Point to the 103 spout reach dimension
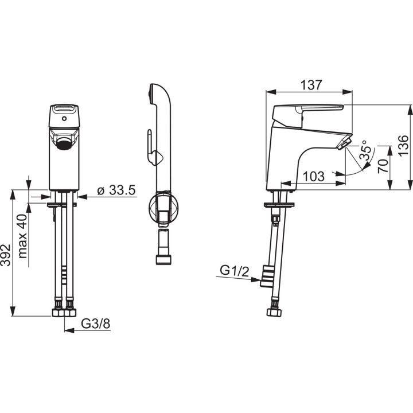(313, 176)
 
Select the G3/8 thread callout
(95, 324)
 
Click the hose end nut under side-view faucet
(274, 313)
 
